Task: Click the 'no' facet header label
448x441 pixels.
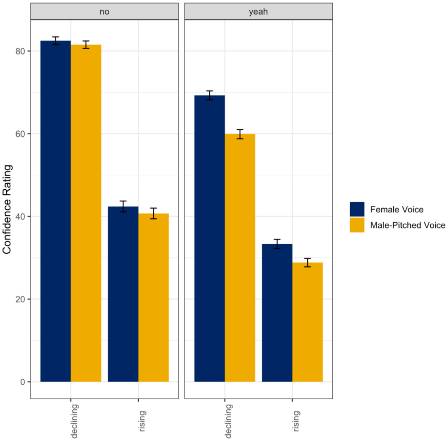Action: click(x=104, y=12)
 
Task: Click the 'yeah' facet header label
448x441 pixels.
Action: click(x=258, y=12)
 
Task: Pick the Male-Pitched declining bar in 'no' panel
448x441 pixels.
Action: click(x=86, y=213)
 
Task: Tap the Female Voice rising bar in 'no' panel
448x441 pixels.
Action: click(x=123, y=294)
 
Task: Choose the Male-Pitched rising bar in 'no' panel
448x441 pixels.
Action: click(x=154, y=297)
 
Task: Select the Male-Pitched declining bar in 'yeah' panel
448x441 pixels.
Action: click(x=240, y=258)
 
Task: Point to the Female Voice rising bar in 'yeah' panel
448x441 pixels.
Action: click(x=277, y=313)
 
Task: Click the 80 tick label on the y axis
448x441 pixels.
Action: click(x=20, y=51)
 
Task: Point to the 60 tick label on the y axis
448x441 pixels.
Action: click(x=20, y=134)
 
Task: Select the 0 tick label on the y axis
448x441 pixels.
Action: click(x=23, y=382)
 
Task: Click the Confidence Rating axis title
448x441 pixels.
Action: click(x=7, y=209)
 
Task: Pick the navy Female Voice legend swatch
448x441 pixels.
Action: click(x=357, y=209)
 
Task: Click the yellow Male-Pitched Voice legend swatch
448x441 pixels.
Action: click(x=357, y=225)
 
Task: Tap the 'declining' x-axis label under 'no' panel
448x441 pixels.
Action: click(x=74, y=421)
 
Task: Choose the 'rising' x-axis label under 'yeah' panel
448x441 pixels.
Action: click(x=296, y=421)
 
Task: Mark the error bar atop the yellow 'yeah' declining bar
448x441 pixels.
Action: click(x=240, y=134)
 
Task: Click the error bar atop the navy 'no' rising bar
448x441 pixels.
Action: click(x=123, y=206)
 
